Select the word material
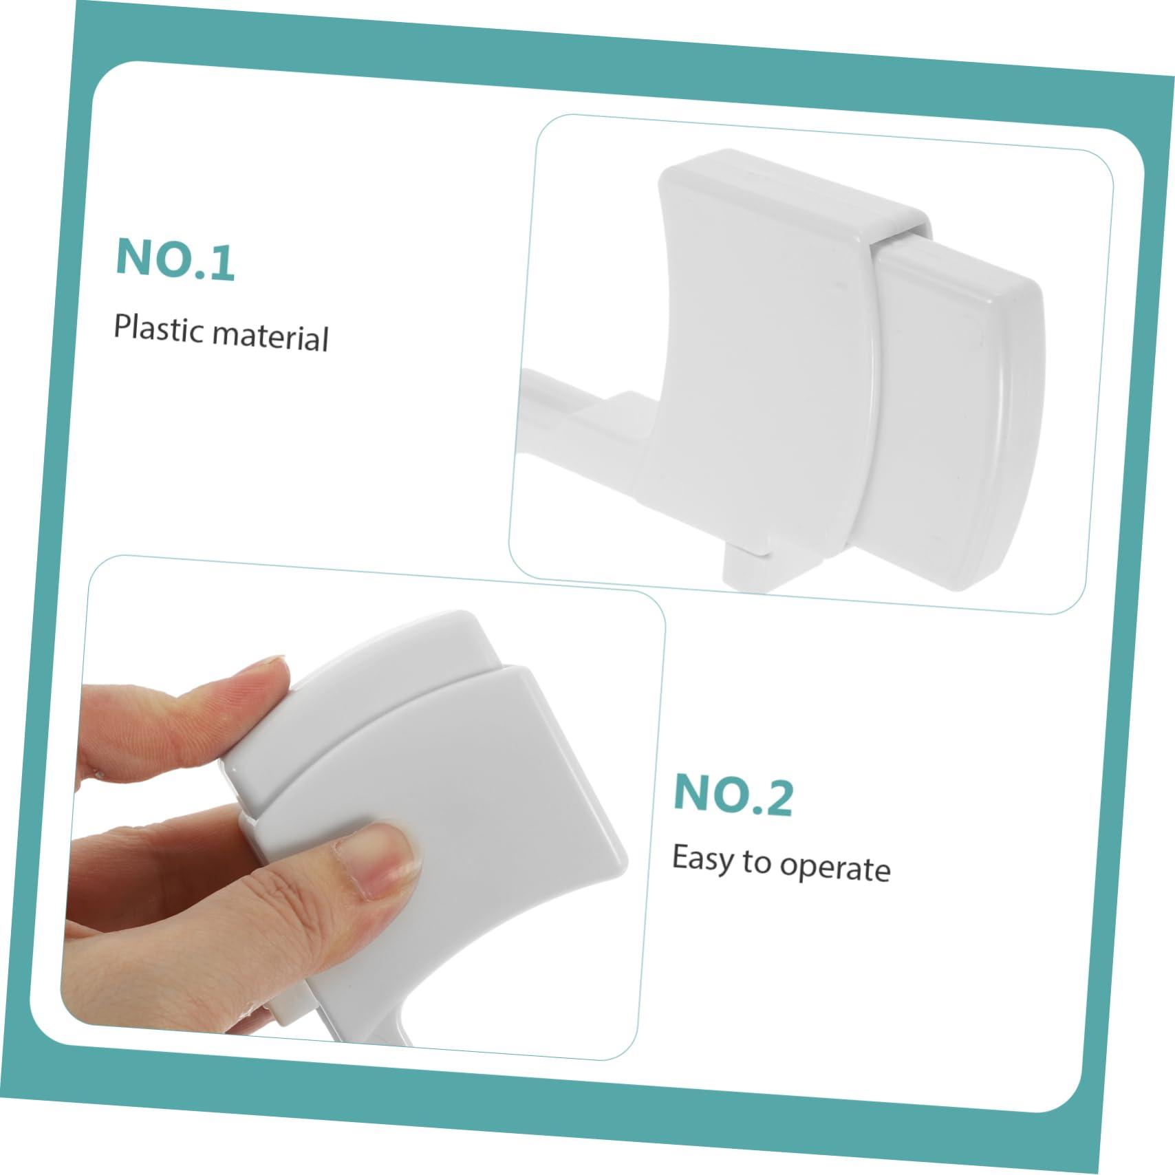click(271, 336)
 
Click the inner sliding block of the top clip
click(956, 413)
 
